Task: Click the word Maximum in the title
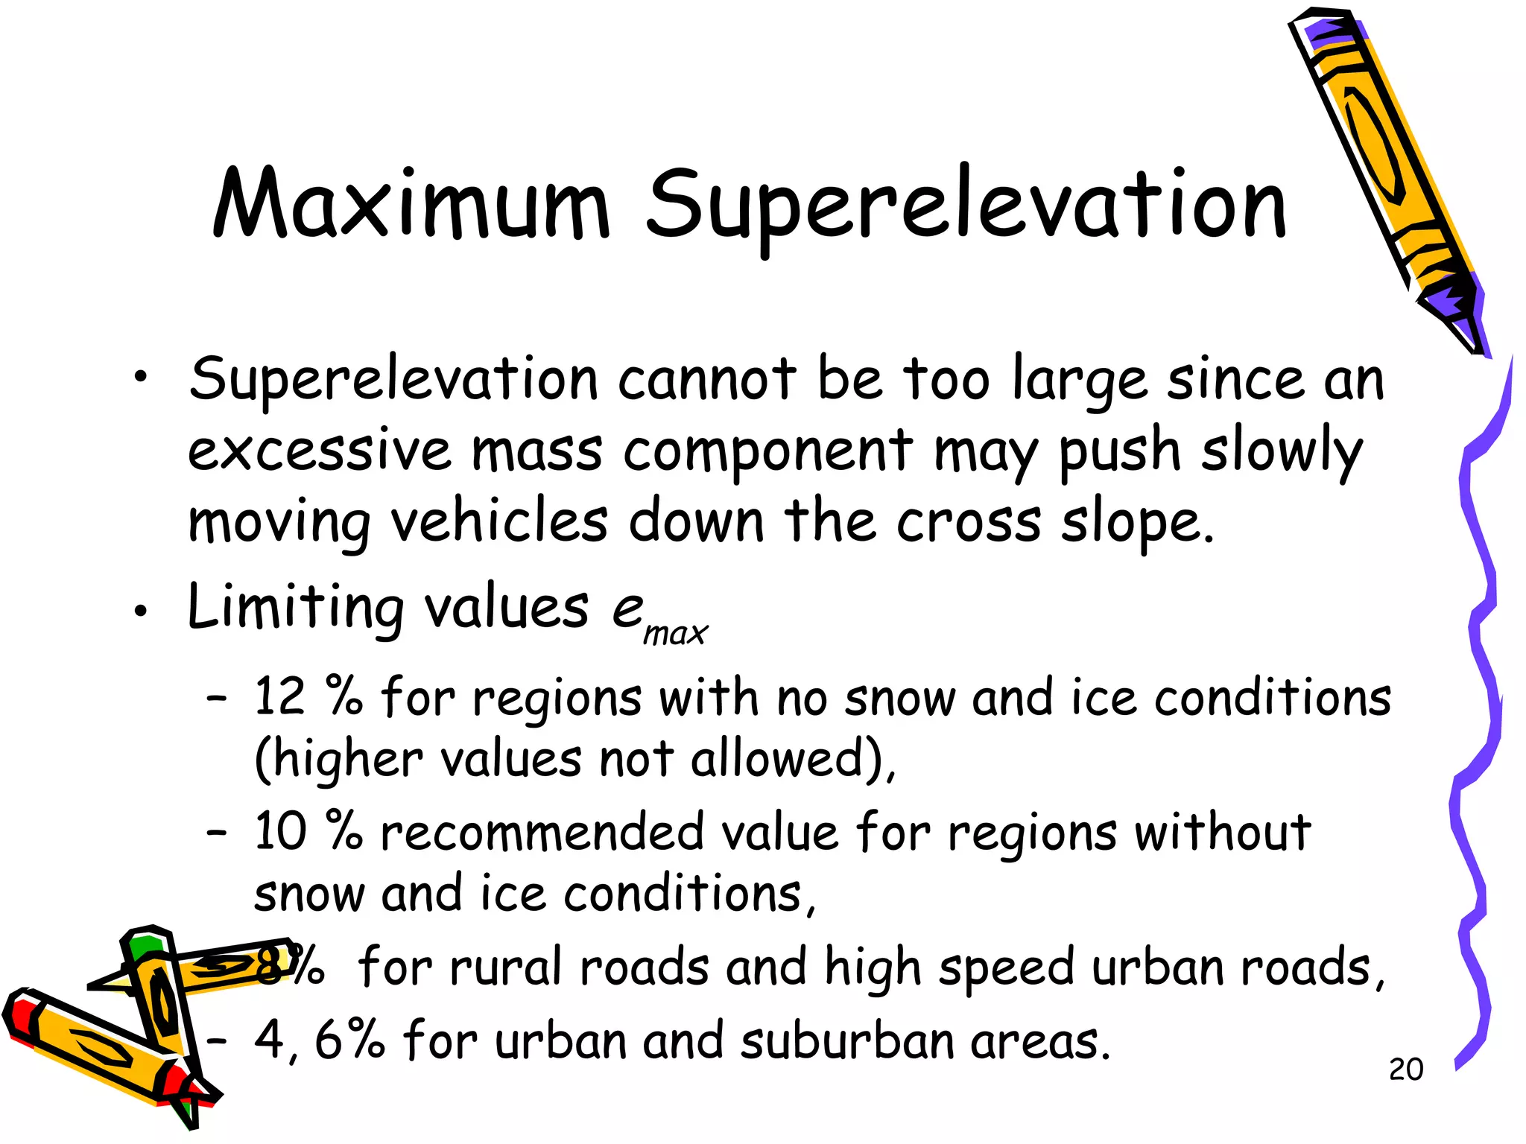[411, 205]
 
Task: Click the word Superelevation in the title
[966, 205]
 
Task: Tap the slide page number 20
[1405, 1070]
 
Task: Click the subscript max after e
[675, 634]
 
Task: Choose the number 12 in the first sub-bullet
[279, 697]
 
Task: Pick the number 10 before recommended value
[280, 831]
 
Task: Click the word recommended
[542, 833]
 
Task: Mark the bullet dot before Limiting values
[140, 612]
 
